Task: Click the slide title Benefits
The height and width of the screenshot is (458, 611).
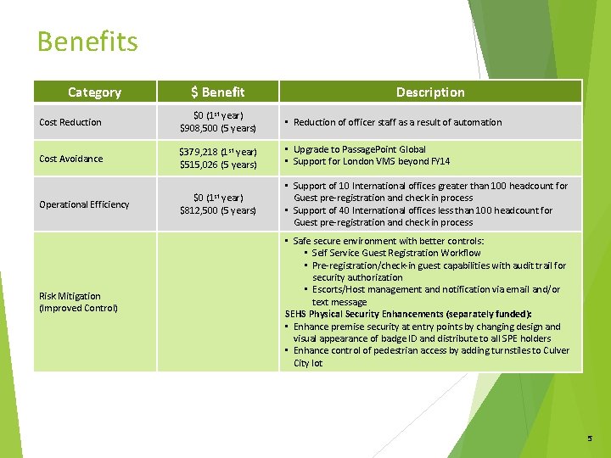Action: (87, 42)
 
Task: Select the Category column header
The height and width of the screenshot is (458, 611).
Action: (94, 92)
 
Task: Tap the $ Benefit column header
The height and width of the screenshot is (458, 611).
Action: (217, 92)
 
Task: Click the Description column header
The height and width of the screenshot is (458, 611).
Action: (430, 92)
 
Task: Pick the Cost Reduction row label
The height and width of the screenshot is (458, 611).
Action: (70, 122)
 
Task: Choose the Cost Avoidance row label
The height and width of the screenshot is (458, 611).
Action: (70, 159)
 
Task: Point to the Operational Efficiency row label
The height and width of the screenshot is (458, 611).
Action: (84, 204)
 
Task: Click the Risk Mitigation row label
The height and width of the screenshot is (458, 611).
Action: (70, 296)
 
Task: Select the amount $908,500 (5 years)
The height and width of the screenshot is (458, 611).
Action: (217, 128)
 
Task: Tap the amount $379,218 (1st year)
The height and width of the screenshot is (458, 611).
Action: (217, 153)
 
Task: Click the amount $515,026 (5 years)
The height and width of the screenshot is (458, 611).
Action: (217, 165)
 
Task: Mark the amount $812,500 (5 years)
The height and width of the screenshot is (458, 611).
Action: (217, 210)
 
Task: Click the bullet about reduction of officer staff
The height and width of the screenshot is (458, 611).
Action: (397, 122)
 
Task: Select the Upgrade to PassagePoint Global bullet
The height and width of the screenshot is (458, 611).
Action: (360, 149)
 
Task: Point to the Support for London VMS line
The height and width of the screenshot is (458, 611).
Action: (372, 161)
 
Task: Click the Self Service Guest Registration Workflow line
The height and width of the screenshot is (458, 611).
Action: (395, 253)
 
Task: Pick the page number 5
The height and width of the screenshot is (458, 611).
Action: (590, 438)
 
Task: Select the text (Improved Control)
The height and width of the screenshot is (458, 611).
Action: (78, 308)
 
